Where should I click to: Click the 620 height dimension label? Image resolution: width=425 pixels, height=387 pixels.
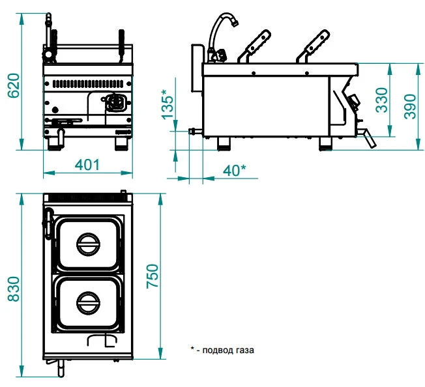(x=12, y=85)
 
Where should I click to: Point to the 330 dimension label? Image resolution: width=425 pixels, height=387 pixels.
(x=382, y=100)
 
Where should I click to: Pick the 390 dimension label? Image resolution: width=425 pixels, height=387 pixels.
(x=410, y=103)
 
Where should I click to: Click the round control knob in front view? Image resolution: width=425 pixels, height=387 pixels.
(x=115, y=103)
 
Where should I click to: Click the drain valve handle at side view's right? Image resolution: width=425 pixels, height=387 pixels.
(x=368, y=137)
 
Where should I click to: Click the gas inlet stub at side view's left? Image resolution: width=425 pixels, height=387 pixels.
(x=194, y=131)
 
